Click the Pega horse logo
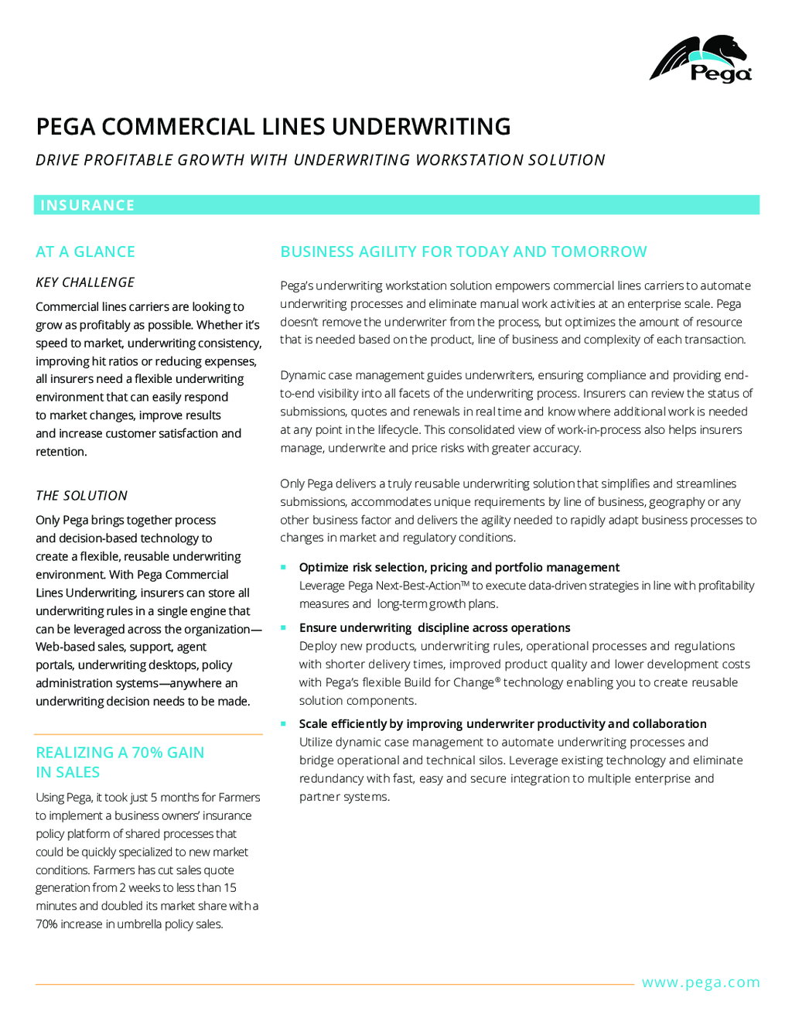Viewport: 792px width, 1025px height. pos(700,58)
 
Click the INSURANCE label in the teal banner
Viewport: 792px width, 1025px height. pos(87,205)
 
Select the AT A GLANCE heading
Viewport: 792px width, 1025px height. pos(85,251)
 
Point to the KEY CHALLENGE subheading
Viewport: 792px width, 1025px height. pos(85,282)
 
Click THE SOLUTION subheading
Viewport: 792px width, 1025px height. pos(81,496)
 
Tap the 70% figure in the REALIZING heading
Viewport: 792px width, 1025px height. pos(147,753)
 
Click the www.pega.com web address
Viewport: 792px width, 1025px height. pos(701,982)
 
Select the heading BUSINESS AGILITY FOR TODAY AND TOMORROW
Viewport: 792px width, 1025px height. pos(463,251)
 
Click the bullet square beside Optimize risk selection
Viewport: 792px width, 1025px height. pos(284,567)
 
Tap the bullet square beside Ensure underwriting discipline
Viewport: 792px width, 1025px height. pos(284,627)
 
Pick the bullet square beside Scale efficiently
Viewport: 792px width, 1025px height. pos(284,723)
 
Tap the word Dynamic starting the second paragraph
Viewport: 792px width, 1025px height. pos(302,375)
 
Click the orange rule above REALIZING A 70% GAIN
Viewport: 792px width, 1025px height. pos(148,734)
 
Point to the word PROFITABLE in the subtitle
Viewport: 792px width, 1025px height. pos(128,160)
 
